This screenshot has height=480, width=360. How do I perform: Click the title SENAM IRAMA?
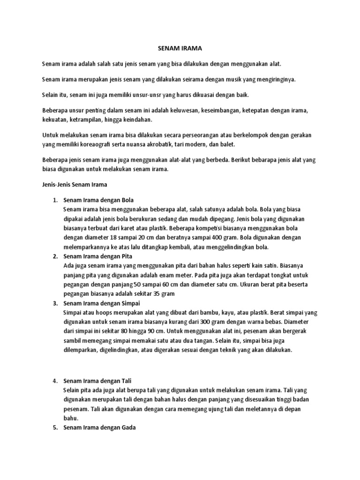(180, 48)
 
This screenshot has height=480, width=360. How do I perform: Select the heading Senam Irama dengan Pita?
(98, 256)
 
